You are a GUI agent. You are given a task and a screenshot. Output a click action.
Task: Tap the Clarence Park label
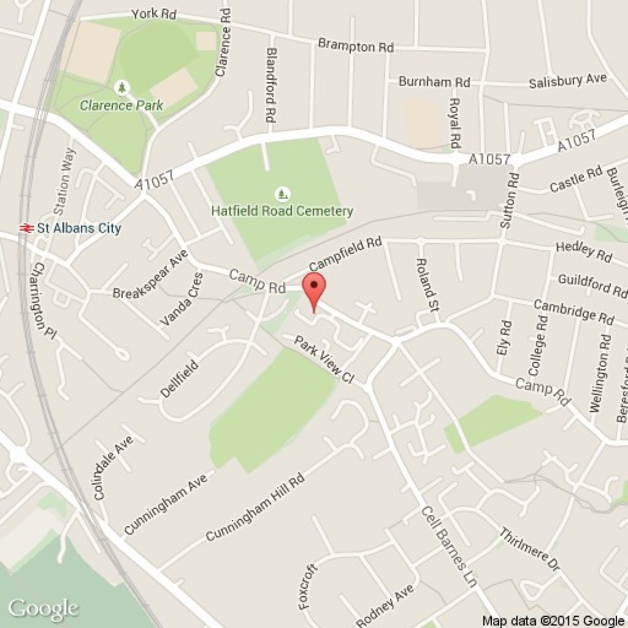tap(121, 105)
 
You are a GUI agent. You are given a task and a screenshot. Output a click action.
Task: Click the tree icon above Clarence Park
tap(122, 87)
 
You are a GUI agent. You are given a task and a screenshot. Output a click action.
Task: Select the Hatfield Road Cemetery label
tap(282, 211)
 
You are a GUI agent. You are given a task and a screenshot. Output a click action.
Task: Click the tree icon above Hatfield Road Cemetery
tap(283, 194)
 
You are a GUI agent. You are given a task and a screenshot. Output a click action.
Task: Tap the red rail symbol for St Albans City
tap(24, 227)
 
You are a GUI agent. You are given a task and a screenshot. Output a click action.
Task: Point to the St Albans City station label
tap(79, 228)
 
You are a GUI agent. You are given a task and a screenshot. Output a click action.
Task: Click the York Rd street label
tap(154, 14)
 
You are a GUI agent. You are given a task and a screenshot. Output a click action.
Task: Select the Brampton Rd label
tap(356, 46)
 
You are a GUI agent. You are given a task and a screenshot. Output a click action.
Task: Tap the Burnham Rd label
tap(434, 82)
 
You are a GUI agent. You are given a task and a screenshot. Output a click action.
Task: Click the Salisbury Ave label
tap(568, 81)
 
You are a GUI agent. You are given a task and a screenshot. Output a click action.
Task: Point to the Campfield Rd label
tap(346, 255)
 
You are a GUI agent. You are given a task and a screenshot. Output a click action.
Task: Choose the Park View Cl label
tap(324, 360)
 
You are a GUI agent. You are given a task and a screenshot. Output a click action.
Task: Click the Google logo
tap(43, 608)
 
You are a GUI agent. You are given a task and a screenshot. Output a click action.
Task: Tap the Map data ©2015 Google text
tap(553, 621)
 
